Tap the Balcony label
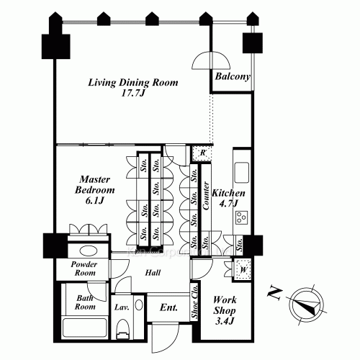[233, 76]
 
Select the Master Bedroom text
[95, 189]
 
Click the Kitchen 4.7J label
[228, 198]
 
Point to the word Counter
[206, 196]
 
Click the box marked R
[202, 153]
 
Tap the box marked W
[243, 269]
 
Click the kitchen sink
[242, 173]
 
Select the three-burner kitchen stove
[241, 217]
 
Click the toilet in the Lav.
[122, 329]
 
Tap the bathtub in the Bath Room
[84, 328]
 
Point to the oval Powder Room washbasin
[89, 251]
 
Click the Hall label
[153, 273]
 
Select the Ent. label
[168, 307]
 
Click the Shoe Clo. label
[194, 302]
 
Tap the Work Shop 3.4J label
[225, 310]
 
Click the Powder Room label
[84, 269]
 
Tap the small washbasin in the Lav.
[139, 305]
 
